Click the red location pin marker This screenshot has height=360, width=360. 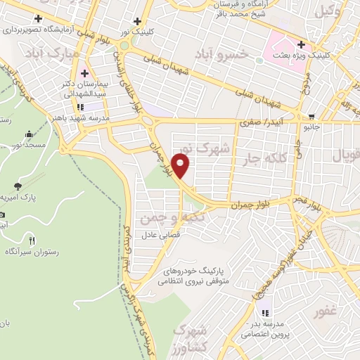pyautogui.click(x=181, y=166)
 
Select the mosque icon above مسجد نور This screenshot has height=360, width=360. pyautogui.click(x=29, y=134)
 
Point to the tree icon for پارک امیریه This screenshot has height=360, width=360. pyautogui.click(x=17, y=187)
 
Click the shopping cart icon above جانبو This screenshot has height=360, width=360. pyautogui.click(x=311, y=117)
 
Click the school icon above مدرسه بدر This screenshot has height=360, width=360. pyautogui.click(x=266, y=312)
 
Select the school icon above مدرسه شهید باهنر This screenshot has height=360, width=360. pyautogui.click(x=79, y=107)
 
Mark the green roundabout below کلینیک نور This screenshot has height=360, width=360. pyautogui.click(x=124, y=46)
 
